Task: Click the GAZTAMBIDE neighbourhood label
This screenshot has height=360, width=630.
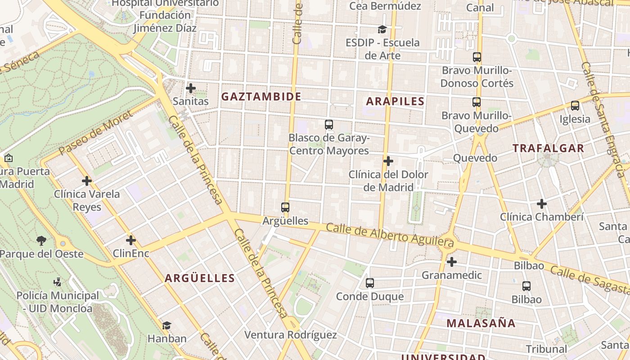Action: pyautogui.click(x=261, y=96)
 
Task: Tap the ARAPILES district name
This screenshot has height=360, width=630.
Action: pyautogui.click(x=395, y=101)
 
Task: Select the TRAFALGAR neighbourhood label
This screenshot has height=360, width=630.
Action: pyautogui.click(x=548, y=148)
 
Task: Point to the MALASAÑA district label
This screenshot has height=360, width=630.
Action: pyautogui.click(x=481, y=323)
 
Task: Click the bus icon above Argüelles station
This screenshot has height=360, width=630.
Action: pyautogui.click(x=285, y=207)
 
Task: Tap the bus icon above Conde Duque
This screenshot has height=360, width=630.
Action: pyautogui.click(x=370, y=283)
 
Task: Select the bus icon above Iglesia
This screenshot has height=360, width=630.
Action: pyautogui.click(x=575, y=106)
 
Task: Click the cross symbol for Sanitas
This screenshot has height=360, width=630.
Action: pyautogui.click(x=191, y=88)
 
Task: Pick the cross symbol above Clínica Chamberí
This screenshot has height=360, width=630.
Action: pyautogui.click(x=542, y=204)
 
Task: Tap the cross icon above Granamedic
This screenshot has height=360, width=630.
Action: pyautogui.click(x=452, y=262)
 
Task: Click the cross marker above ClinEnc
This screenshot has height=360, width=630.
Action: pyautogui.click(x=131, y=240)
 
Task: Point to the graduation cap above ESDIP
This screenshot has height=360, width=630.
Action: pyautogui.click(x=382, y=30)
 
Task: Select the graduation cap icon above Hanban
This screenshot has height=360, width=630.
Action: pyautogui.click(x=166, y=325)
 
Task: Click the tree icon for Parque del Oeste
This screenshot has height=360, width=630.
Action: pyautogui.click(x=41, y=241)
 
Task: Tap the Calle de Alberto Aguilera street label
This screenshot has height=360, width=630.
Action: pyautogui.click(x=390, y=235)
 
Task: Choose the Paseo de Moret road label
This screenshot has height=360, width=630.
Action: pyautogui.click(x=96, y=133)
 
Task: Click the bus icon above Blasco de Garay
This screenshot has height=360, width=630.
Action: pyautogui.click(x=329, y=125)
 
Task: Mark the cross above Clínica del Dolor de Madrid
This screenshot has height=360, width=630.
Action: pyautogui.click(x=388, y=161)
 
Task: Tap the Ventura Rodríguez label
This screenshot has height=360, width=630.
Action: pyautogui.click(x=290, y=335)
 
